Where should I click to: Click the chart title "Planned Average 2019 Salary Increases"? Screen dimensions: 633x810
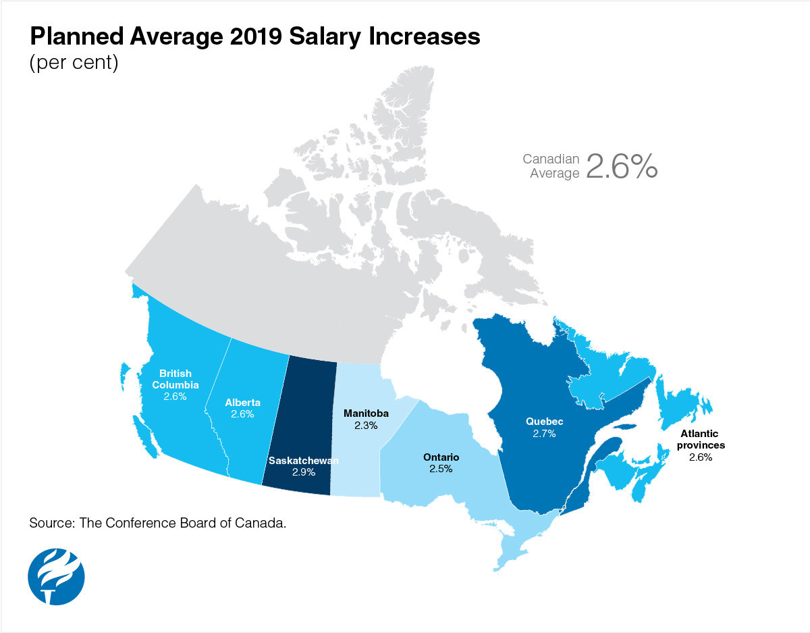click(x=254, y=37)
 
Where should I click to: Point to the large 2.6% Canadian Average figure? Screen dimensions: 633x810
click(x=621, y=166)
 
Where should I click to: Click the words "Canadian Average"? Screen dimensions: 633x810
click(x=551, y=166)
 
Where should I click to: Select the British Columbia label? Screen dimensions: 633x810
click(x=175, y=379)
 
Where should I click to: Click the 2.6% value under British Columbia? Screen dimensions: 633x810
click(x=175, y=397)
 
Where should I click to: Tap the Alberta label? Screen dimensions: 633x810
click(x=242, y=403)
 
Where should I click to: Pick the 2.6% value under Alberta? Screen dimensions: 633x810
click(x=242, y=414)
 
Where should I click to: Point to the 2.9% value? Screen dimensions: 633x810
click(x=304, y=472)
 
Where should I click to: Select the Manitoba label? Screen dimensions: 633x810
click(x=365, y=413)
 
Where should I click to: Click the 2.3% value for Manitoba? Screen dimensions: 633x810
click(x=365, y=426)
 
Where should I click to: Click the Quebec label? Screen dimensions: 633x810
click(x=544, y=422)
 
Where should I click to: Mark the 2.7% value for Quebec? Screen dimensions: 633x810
click(x=544, y=434)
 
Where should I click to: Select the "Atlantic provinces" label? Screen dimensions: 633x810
click(x=699, y=440)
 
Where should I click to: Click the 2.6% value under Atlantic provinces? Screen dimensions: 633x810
click(x=700, y=457)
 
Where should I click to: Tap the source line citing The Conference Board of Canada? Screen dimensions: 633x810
click(x=163, y=524)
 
